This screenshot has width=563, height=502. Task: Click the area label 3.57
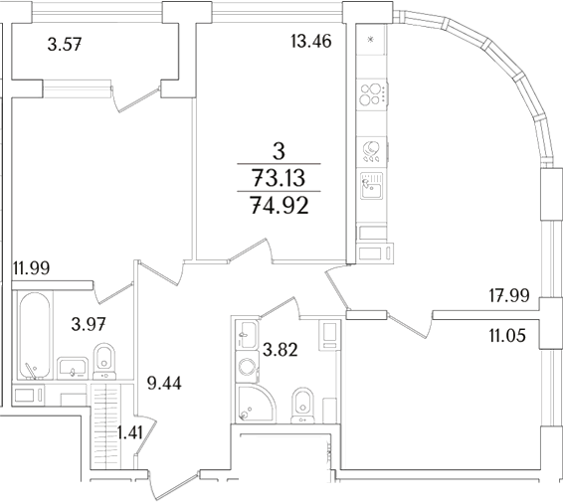coord(69,43)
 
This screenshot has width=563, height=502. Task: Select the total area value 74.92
coord(280,207)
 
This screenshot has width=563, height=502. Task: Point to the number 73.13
coord(280,179)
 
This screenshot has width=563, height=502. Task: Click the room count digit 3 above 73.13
coord(280,151)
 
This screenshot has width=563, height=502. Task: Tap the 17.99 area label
coord(508,294)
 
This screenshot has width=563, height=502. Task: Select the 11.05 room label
coord(508,337)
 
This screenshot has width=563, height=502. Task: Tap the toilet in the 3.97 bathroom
coord(103,361)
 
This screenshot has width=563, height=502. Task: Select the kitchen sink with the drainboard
coord(372,186)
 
